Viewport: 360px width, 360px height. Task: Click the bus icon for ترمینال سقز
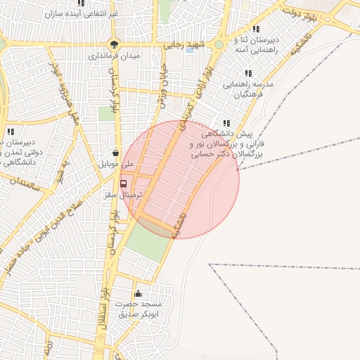pyautogui.click(x=124, y=184)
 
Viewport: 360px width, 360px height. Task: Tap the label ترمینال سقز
pyautogui.click(x=128, y=194)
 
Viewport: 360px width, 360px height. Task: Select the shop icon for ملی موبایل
pyautogui.click(x=115, y=153)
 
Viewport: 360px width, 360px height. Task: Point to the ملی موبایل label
pyautogui.click(x=115, y=163)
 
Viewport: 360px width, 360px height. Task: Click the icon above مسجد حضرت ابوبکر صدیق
pyautogui.click(x=138, y=294)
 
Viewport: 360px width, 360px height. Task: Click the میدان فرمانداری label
pyautogui.click(x=114, y=54)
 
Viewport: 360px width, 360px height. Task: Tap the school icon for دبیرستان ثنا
pyautogui.click(x=255, y=30)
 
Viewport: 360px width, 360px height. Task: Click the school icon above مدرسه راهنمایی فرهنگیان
pyautogui.click(x=247, y=73)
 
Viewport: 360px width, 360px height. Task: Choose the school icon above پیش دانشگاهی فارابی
pyautogui.click(x=225, y=122)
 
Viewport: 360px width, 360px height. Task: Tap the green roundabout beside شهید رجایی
pyautogui.click(x=219, y=44)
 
